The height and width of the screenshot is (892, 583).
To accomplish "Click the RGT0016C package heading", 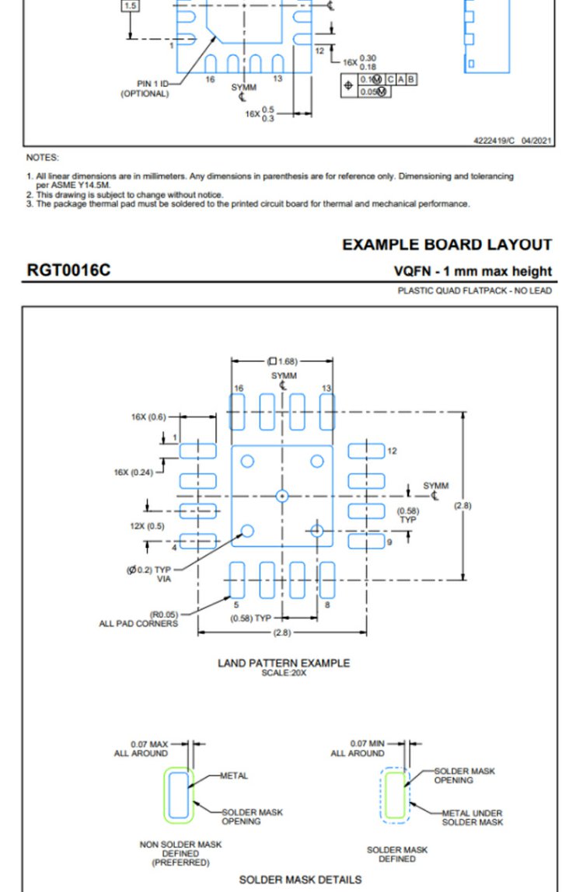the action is point(68,270).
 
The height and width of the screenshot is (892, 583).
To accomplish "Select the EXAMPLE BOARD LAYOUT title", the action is point(447,245).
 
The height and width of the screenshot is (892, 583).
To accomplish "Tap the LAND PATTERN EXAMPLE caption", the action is point(284,663).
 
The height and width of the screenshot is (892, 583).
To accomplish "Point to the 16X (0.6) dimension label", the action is point(148,417).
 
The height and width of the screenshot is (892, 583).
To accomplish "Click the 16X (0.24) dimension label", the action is point(133,472).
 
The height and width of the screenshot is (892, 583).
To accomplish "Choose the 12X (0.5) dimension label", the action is point(147,526).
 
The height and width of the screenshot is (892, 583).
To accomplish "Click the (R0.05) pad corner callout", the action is point(164,615).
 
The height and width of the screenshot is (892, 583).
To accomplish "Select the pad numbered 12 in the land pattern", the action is point(366,451).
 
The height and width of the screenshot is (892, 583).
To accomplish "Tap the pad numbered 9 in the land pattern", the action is point(366,541).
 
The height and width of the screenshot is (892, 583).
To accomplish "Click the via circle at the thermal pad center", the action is point(282,496).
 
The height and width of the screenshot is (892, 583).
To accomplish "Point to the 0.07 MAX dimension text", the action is point(149,744).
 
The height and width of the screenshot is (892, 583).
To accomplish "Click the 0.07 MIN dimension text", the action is point(367,744).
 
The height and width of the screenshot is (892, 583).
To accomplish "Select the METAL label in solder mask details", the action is point(234,775).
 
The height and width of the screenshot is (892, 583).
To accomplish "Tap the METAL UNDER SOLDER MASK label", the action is point(473,817).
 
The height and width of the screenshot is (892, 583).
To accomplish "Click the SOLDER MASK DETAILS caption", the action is point(300,880).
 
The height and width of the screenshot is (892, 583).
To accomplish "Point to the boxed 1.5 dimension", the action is point(131,5).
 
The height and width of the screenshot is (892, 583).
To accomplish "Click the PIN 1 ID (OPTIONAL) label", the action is point(145,89).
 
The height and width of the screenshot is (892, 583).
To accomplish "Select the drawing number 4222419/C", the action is point(494,141).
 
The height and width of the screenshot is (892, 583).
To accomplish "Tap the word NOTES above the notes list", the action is point(42,158).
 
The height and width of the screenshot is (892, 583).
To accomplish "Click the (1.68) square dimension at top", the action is point(282,361).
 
